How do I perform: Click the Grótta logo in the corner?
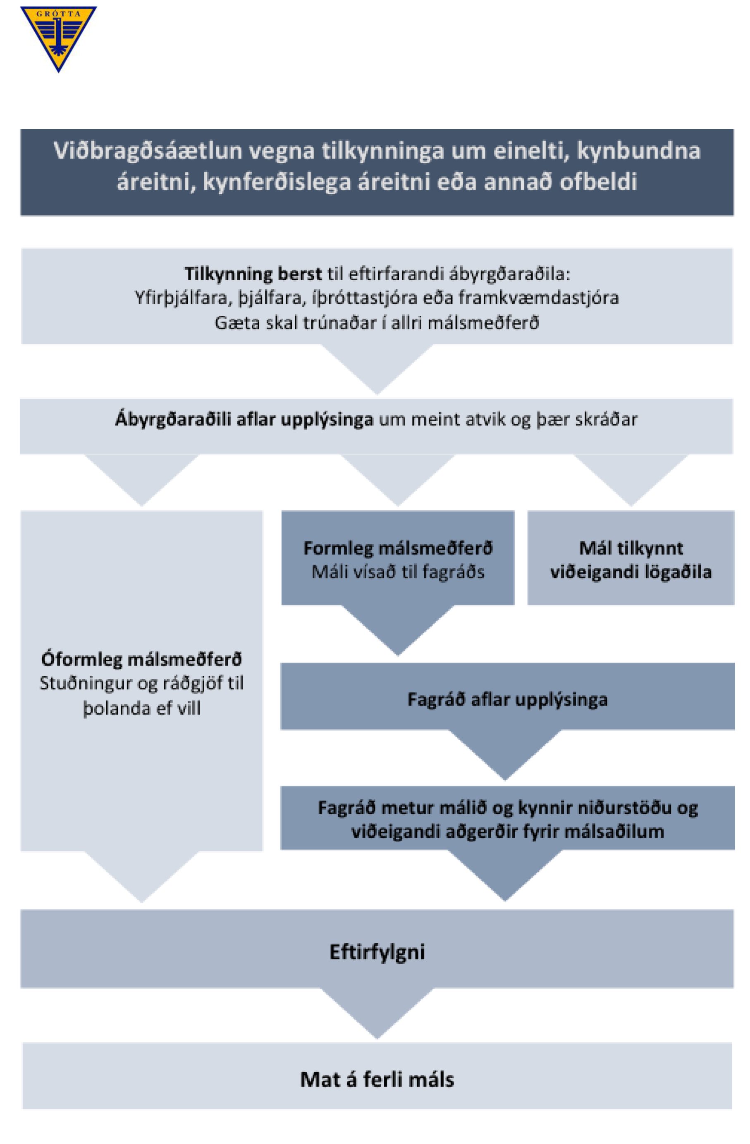58,38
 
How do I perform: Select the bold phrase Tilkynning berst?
253,274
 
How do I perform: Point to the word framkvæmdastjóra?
538,298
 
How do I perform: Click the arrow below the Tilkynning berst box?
377,369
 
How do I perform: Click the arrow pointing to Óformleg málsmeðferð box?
141,480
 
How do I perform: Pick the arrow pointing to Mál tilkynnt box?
631,480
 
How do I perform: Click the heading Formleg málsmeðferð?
398,548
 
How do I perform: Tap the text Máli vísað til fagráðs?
398,572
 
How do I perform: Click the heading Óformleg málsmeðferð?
141,660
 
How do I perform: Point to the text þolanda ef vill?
141,708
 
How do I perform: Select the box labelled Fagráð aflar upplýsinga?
507,696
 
